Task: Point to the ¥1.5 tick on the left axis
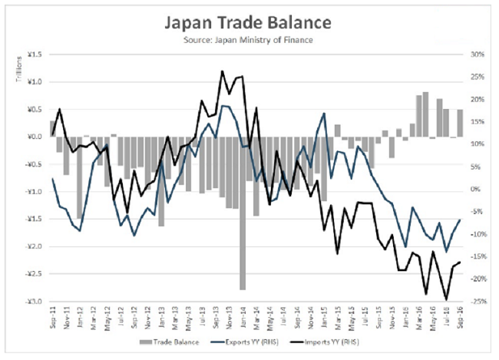tap(35, 54)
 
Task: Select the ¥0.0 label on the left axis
tap(35, 137)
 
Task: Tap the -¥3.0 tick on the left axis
tap(34, 302)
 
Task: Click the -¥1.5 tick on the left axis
tap(34, 220)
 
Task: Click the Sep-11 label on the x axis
tap(52, 316)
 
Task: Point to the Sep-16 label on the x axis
tap(459, 316)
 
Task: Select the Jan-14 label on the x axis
tap(243, 316)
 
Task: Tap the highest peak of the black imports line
tap(222, 71)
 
